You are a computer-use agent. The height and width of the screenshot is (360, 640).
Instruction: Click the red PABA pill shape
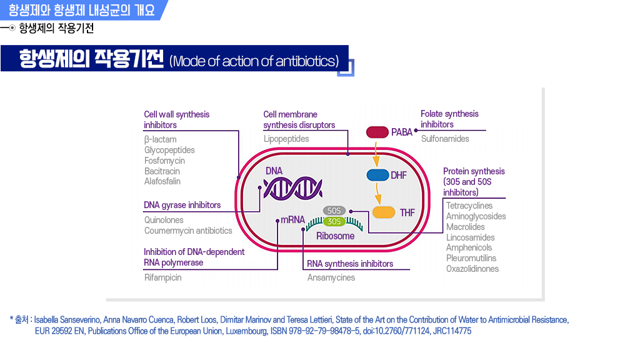(x=377, y=132)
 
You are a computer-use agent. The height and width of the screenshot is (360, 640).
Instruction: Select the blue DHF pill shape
(x=377, y=175)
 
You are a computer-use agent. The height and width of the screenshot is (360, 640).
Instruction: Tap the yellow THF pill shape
(x=383, y=212)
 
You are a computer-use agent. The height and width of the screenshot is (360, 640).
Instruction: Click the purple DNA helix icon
(x=292, y=187)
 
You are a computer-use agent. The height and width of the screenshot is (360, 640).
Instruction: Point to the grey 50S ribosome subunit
(x=334, y=211)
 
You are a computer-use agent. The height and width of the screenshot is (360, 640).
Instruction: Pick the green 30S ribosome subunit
(x=334, y=221)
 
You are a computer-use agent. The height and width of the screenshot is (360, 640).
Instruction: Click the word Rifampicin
(x=162, y=277)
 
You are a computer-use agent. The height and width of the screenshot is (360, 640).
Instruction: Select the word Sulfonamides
(x=445, y=139)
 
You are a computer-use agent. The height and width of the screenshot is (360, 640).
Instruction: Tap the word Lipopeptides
(x=286, y=139)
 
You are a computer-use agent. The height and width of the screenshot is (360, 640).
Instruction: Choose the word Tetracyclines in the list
(x=469, y=206)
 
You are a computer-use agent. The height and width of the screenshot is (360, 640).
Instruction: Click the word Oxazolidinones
(x=472, y=269)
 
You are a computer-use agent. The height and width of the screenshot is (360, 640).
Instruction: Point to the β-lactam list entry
(x=160, y=139)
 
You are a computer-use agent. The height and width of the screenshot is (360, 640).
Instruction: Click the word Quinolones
(x=164, y=220)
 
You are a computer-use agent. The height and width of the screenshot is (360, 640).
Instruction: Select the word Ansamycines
(x=331, y=277)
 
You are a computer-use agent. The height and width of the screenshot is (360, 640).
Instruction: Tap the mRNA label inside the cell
(x=292, y=220)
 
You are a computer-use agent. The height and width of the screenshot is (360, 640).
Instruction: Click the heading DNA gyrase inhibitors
(x=182, y=205)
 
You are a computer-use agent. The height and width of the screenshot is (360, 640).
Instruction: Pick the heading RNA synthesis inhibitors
(x=350, y=264)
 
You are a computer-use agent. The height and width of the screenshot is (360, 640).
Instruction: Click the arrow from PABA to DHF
(x=376, y=153)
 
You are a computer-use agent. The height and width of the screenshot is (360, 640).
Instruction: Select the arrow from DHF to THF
(x=379, y=194)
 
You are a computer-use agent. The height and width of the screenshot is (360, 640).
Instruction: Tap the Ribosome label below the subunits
(x=335, y=236)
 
